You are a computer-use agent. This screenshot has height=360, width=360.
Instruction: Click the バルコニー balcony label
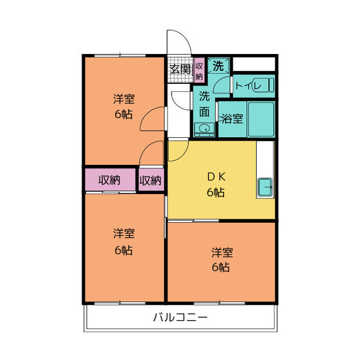(x=181, y=317)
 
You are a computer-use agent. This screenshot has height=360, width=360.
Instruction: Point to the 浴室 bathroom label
(x=231, y=119)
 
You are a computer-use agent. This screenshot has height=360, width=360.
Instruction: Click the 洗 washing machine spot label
(x=218, y=66)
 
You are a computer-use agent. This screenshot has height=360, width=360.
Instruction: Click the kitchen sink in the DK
(x=264, y=187)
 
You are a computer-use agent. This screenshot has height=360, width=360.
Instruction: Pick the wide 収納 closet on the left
(x=110, y=180)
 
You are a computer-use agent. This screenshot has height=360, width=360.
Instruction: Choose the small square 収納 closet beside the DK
(x=150, y=180)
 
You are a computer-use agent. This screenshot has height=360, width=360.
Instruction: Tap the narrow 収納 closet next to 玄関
(x=199, y=70)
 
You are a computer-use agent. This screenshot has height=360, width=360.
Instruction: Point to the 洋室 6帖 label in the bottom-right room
(x=222, y=259)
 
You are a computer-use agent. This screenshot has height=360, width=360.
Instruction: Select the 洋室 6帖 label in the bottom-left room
(x=124, y=242)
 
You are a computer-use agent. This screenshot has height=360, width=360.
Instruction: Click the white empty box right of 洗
(x=254, y=64)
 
